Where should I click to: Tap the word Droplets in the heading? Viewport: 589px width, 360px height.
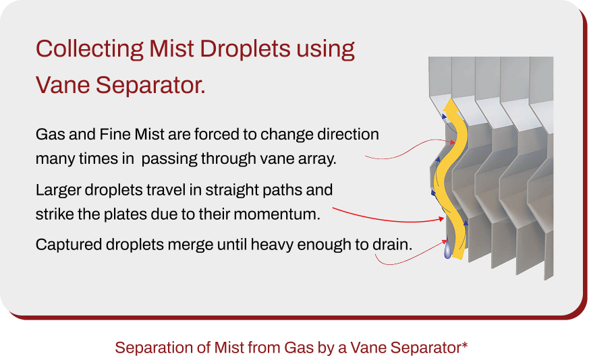point(245,49)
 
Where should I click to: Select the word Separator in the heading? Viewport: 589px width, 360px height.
point(150,86)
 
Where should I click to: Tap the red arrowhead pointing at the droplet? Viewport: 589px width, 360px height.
point(444,242)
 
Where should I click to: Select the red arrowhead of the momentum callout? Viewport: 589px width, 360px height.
point(441,218)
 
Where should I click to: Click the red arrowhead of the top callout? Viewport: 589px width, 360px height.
point(452,142)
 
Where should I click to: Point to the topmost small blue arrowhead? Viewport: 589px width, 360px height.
point(444,117)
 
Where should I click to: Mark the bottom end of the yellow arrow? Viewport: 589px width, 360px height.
point(458,258)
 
